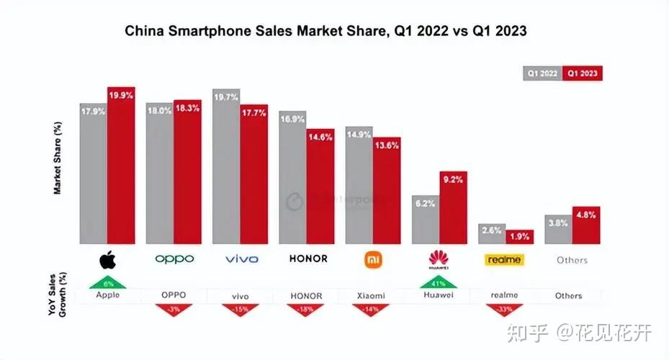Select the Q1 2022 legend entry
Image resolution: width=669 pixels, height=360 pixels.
tap(542, 73)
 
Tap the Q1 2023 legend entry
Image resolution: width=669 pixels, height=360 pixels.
tap(583, 73)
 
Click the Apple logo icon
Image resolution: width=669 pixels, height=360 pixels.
tap(107, 258)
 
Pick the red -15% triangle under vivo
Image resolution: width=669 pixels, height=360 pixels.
tap(239, 310)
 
